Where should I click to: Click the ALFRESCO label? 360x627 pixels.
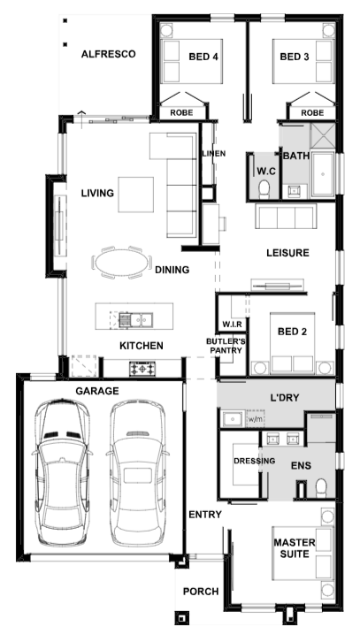pyautogui.click(x=109, y=54)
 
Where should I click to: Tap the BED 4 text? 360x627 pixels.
pyautogui.click(x=203, y=57)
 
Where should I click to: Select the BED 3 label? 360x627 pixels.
pyautogui.click(x=295, y=57)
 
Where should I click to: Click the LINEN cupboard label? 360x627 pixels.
pyautogui.click(x=213, y=154)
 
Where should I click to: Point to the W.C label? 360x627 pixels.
pyautogui.click(x=266, y=172)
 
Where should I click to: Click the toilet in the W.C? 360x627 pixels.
pyautogui.click(x=264, y=189)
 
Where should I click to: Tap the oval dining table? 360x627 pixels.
pyautogui.click(x=122, y=263)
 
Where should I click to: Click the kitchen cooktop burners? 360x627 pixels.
pyautogui.click(x=142, y=368)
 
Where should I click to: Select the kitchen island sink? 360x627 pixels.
pyautogui.click(x=135, y=319)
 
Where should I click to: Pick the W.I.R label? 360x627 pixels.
pyautogui.click(x=232, y=325)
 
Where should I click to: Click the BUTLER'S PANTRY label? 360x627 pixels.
pyautogui.click(x=226, y=346)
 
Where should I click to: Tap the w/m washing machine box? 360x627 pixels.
pyautogui.click(x=256, y=419)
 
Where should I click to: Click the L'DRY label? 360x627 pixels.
pyautogui.click(x=285, y=398)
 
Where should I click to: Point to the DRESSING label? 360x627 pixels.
pyautogui.click(x=255, y=461)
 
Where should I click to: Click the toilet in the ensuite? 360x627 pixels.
pyautogui.click(x=321, y=488)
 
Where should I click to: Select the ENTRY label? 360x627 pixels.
pyautogui.click(x=205, y=515)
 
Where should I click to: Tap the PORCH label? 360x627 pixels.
pyautogui.click(x=201, y=592)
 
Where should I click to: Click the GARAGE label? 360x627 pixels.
pyautogui.click(x=97, y=391)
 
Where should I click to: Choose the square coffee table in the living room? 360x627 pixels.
pyautogui.click(x=135, y=195)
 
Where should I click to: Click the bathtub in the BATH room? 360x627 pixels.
pyautogui.click(x=322, y=174)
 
